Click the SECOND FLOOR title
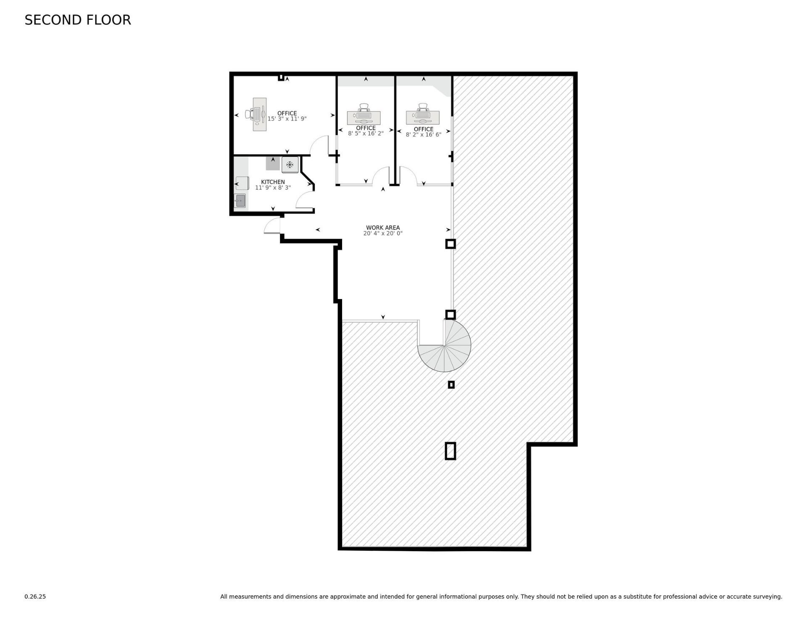click(78, 20)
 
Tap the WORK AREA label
click(382, 228)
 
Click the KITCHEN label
click(273, 182)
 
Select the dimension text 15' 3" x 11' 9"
click(287, 119)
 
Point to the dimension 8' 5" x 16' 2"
click(366, 134)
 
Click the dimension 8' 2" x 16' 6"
click(423, 135)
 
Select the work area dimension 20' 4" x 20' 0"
click(382, 234)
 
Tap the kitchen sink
click(240, 201)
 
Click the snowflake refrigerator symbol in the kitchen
click(290, 165)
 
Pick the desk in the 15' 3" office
click(259, 114)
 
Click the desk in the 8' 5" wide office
click(364, 117)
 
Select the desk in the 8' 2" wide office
click(422, 117)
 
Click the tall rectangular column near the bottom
click(450, 451)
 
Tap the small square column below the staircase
click(451, 384)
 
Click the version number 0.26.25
click(35, 597)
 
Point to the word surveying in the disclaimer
click(767, 597)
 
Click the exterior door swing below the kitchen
click(272, 226)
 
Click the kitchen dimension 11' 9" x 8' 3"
click(273, 188)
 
